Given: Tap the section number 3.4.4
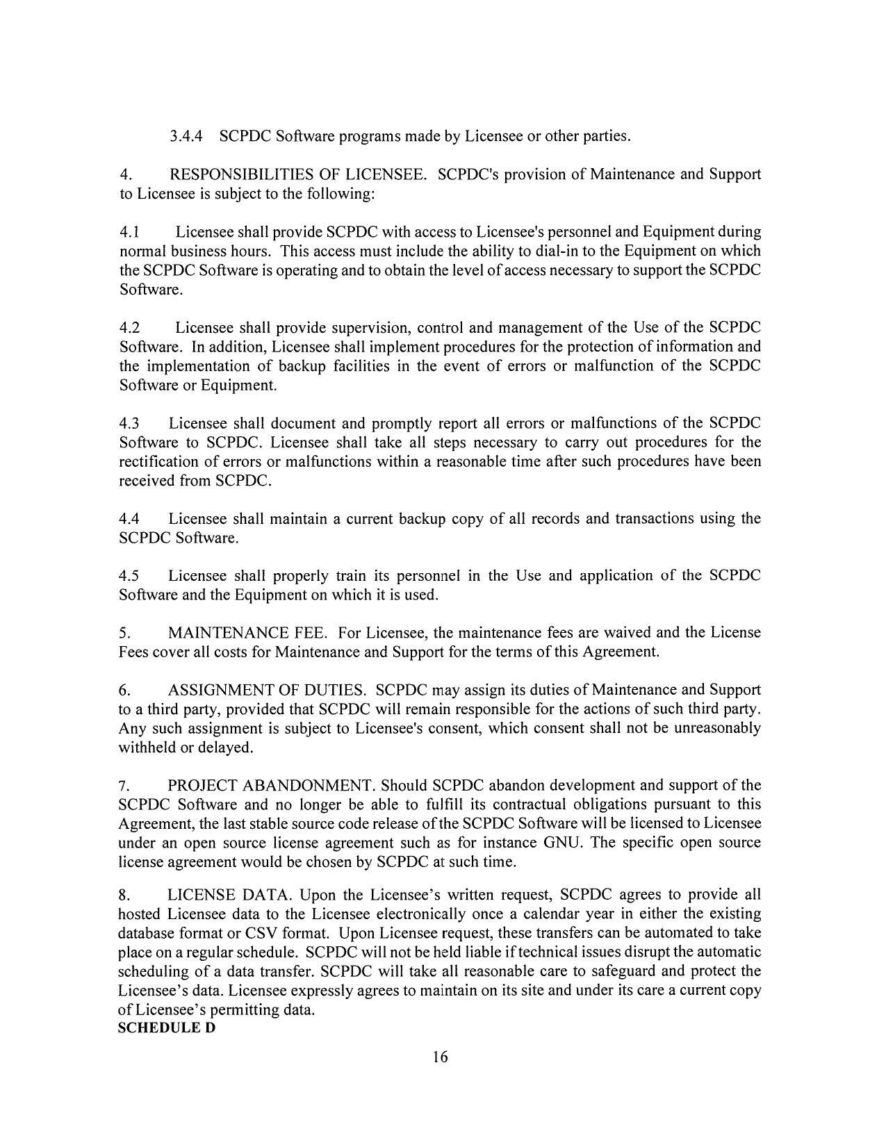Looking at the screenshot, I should [186, 136].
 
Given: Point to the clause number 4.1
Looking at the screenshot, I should [129, 232].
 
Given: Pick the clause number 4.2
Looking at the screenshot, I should [129, 328].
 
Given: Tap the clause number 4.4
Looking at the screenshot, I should [129, 519].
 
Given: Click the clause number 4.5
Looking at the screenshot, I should [129, 576].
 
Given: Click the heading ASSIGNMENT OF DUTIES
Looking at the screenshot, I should [267, 691].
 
